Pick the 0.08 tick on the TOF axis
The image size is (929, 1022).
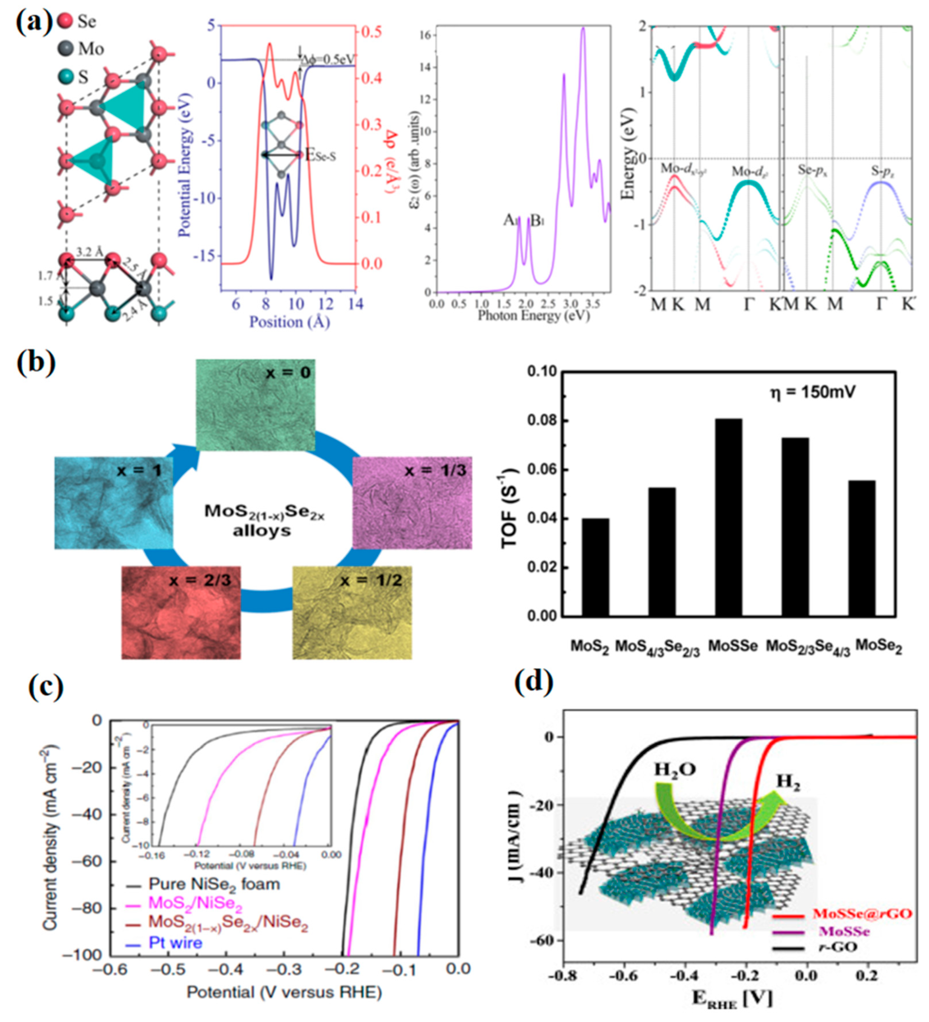point(542,421)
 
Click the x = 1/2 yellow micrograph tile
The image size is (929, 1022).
point(352,612)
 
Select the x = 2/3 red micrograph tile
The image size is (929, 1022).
point(181,612)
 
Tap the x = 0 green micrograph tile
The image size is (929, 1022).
point(255,406)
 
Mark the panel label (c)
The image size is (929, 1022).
point(46,687)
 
